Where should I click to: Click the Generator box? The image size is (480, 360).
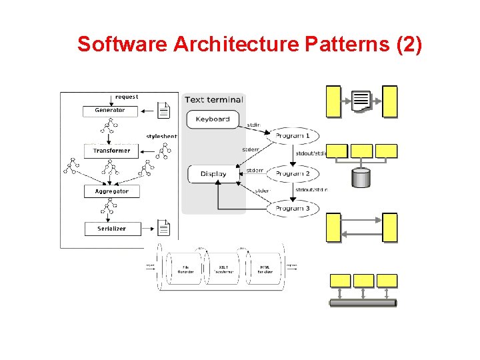pyautogui.click(x=109, y=111)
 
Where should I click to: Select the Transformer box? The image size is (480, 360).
pyautogui.click(x=111, y=151)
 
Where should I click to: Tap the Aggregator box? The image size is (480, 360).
pyautogui.click(x=111, y=191)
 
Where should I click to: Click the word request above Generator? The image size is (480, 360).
pyautogui.click(x=127, y=97)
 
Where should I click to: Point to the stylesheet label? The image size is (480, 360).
pyautogui.click(x=161, y=137)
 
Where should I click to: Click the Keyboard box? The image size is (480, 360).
pyautogui.click(x=213, y=119)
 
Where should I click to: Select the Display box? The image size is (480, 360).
pyautogui.click(x=213, y=174)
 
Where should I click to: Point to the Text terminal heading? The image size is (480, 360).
pyautogui.click(x=213, y=100)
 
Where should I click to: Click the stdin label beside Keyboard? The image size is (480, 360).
pyautogui.click(x=254, y=125)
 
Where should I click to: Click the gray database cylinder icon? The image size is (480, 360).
pyautogui.click(x=361, y=178)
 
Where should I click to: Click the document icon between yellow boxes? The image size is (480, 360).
pyautogui.click(x=361, y=101)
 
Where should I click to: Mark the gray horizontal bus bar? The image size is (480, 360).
pyautogui.click(x=363, y=303)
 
